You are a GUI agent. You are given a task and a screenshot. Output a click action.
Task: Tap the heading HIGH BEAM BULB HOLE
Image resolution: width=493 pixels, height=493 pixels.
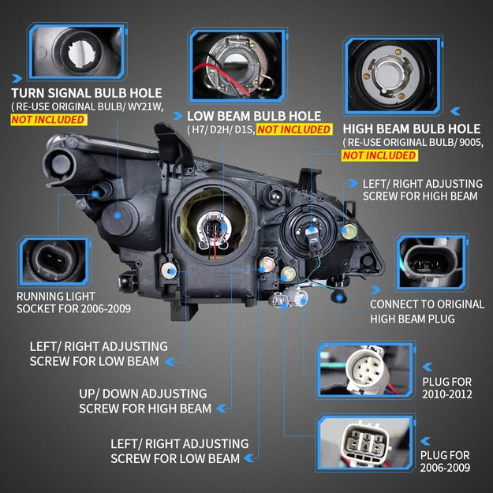pyautogui.click(x=410, y=128)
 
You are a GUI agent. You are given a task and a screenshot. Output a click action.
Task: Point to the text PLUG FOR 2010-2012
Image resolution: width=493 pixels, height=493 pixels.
pyautogui.click(x=447, y=380)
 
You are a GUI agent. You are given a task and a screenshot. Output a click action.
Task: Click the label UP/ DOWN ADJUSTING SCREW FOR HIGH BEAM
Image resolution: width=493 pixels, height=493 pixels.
pyautogui.click(x=145, y=401)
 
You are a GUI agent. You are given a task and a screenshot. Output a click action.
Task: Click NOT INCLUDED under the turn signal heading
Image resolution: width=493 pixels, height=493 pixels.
pyautogui.click(x=48, y=120)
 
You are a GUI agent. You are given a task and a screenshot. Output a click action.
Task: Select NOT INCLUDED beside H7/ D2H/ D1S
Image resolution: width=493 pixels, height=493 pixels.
pyautogui.click(x=293, y=129)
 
